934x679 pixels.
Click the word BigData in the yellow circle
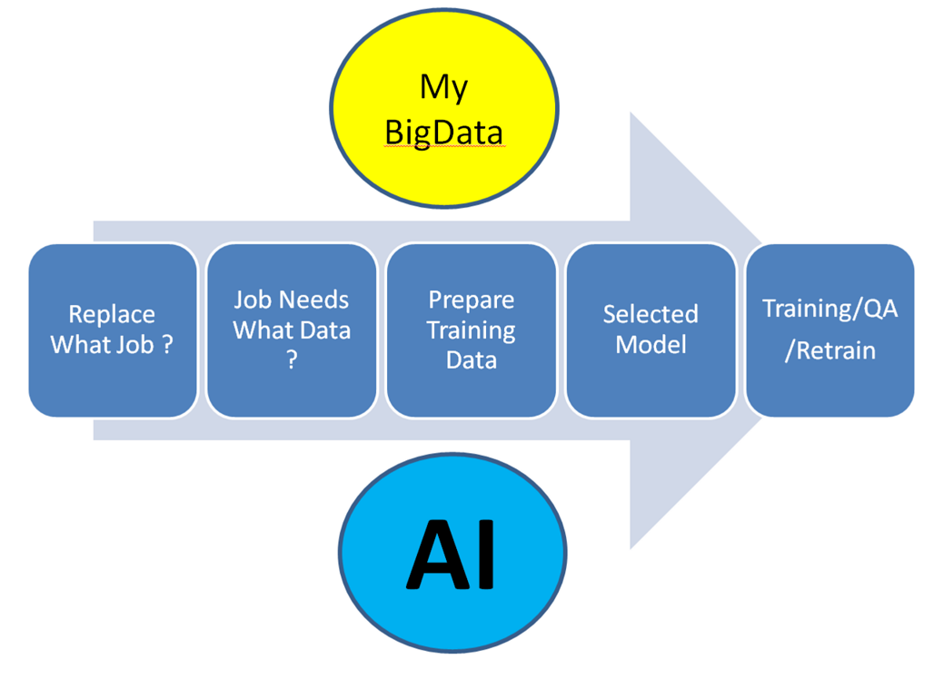point(443,133)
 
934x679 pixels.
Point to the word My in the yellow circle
point(443,88)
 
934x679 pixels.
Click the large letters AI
point(452,556)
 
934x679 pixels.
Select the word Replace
point(112,315)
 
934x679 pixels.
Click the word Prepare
point(471,300)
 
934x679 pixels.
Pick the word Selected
point(651,315)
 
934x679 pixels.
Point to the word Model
point(651,345)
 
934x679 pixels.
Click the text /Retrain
point(830,350)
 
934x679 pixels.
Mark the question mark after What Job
point(166,345)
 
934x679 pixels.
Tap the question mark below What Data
point(292,360)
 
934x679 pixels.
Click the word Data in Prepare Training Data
point(471,360)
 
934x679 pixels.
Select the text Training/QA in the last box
point(830,309)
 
